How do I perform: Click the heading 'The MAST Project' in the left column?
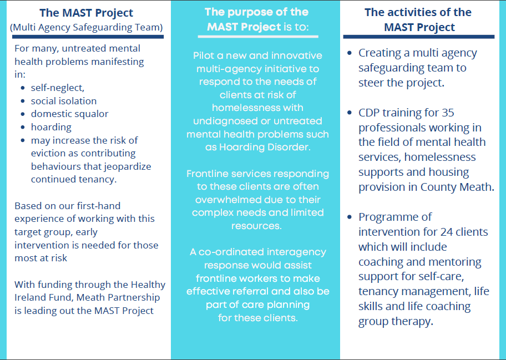point(86,13)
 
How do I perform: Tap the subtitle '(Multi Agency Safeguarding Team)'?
point(86,27)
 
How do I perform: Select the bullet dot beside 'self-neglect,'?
point(23,88)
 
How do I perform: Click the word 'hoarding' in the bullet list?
point(51,127)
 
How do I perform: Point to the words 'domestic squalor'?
point(69,114)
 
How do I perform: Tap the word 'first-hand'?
point(98,206)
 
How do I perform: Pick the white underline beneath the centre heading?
point(258,37)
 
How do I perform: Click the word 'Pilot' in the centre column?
point(203,55)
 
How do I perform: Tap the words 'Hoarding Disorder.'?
point(265,147)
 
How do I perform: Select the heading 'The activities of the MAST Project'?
point(418,19)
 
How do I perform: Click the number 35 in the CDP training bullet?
point(448,113)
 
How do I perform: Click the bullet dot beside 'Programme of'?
point(350,217)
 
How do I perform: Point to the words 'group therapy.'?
point(396,322)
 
